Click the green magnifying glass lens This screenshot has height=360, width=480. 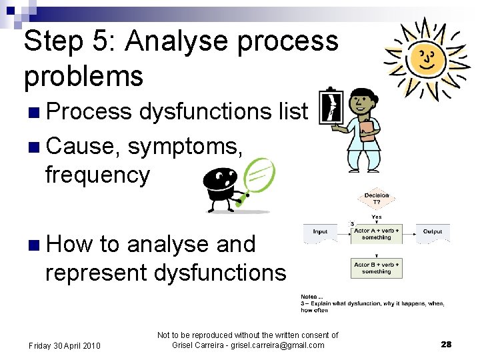pyautogui.click(x=258, y=175)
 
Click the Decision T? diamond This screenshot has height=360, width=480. pyautogui.click(x=377, y=199)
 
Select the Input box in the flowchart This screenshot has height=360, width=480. pyautogui.click(x=320, y=233)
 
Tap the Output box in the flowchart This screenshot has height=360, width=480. pyautogui.click(x=433, y=233)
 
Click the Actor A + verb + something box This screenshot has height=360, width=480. pyautogui.click(x=377, y=233)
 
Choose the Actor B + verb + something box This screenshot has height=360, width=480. pyautogui.click(x=377, y=268)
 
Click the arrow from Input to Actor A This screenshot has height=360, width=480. pyautogui.click(x=344, y=233)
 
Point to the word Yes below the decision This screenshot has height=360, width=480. pyautogui.click(x=377, y=217)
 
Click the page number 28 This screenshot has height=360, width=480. pyautogui.click(x=446, y=345)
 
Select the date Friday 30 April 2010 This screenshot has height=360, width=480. pyautogui.click(x=64, y=345)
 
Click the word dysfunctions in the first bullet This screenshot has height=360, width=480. pyautogui.click(x=206, y=111)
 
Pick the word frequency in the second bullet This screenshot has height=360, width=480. pyautogui.click(x=97, y=175)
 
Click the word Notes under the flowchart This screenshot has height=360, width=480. pyautogui.click(x=309, y=296)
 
